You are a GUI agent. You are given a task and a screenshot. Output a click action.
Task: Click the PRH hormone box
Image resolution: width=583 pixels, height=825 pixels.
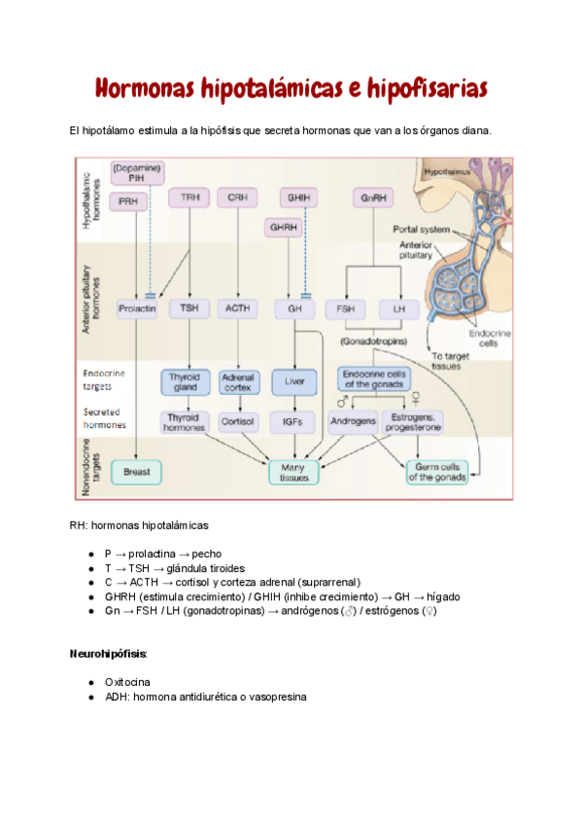point(127,201)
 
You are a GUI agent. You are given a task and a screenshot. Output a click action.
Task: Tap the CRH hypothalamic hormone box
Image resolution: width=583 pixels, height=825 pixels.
point(237,197)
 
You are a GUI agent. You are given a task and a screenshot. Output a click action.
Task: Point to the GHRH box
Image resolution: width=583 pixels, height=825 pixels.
point(284,227)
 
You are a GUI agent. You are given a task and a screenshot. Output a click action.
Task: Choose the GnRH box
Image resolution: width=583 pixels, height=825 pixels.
point(371,197)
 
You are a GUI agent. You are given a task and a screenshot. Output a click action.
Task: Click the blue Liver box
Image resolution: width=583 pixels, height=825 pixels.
point(294,381)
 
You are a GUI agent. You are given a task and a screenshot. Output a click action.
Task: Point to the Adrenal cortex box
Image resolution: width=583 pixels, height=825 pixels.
point(237,381)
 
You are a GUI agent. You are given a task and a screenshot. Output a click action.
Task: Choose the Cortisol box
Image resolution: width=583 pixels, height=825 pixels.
point(237,423)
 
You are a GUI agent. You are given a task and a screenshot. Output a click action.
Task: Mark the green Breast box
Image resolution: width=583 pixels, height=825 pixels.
point(137,473)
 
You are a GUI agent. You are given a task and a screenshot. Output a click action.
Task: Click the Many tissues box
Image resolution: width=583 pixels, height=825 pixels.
point(294,473)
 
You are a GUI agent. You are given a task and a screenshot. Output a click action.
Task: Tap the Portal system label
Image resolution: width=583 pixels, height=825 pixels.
point(422,230)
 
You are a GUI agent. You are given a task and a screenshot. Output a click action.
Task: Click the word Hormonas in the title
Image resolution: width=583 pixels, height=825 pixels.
point(145,90)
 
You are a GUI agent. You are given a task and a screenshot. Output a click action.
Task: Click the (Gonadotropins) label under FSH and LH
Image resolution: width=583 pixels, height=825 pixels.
point(373,342)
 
